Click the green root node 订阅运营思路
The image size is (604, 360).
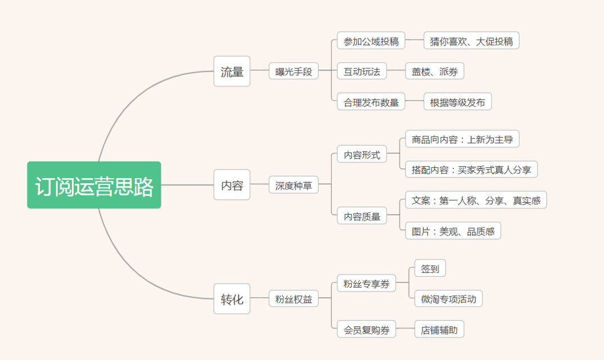pos(94,185)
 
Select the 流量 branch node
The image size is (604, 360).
pos(232,71)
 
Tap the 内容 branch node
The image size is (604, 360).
pos(232,185)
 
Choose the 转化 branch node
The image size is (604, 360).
pos(232,299)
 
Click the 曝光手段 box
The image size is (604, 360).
pos(293,71)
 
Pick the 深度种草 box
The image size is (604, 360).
pos(293,185)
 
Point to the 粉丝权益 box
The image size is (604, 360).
pos(293,298)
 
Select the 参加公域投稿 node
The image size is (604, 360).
pos(371,40)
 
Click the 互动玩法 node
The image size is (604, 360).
pos(362,71)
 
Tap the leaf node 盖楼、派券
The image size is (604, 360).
pos(434,71)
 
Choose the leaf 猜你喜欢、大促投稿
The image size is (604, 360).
pos(471,40)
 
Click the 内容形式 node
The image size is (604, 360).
pos(362,154)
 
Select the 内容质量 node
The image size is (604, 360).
pos(362,216)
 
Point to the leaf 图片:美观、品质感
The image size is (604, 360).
pos(453,231)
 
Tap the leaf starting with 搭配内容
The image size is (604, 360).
pos(471,170)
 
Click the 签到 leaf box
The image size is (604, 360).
pos(430,268)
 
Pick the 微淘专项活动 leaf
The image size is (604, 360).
pos(448,298)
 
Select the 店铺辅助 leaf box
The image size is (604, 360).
pos(439,329)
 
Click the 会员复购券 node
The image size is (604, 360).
pos(366,329)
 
